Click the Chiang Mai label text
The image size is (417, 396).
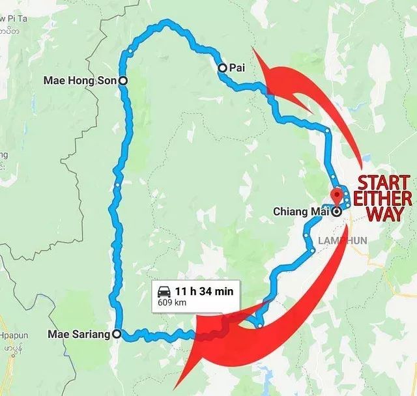pos(302,211)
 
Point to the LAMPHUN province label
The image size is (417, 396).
pos(343,240)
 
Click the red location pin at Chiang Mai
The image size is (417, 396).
pos(337,196)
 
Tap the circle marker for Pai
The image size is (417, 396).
pos(222,67)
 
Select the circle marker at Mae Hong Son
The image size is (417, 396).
pos(122,81)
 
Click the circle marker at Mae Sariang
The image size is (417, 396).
pos(117,334)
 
